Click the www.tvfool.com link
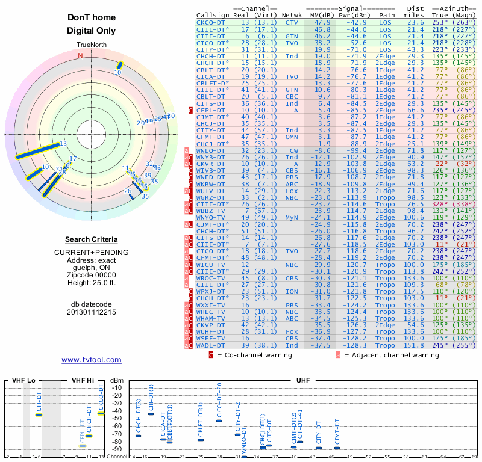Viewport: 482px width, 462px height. pos(92,360)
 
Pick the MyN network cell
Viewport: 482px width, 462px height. pos(292,217)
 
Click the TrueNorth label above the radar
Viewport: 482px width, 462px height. pos(92,45)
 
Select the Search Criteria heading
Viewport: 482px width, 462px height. pos(92,239)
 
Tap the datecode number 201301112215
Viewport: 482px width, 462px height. pos(92,312)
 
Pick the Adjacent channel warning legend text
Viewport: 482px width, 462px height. pos(391,355)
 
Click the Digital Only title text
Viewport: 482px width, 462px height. pos(92,31)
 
